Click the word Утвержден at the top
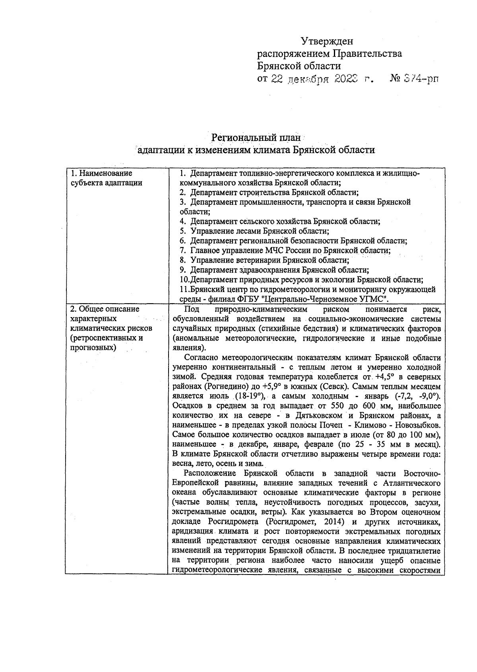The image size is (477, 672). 327,41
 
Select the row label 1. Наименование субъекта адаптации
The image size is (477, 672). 106,178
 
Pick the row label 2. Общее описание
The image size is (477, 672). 105,309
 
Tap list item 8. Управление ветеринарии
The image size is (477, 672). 264,260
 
